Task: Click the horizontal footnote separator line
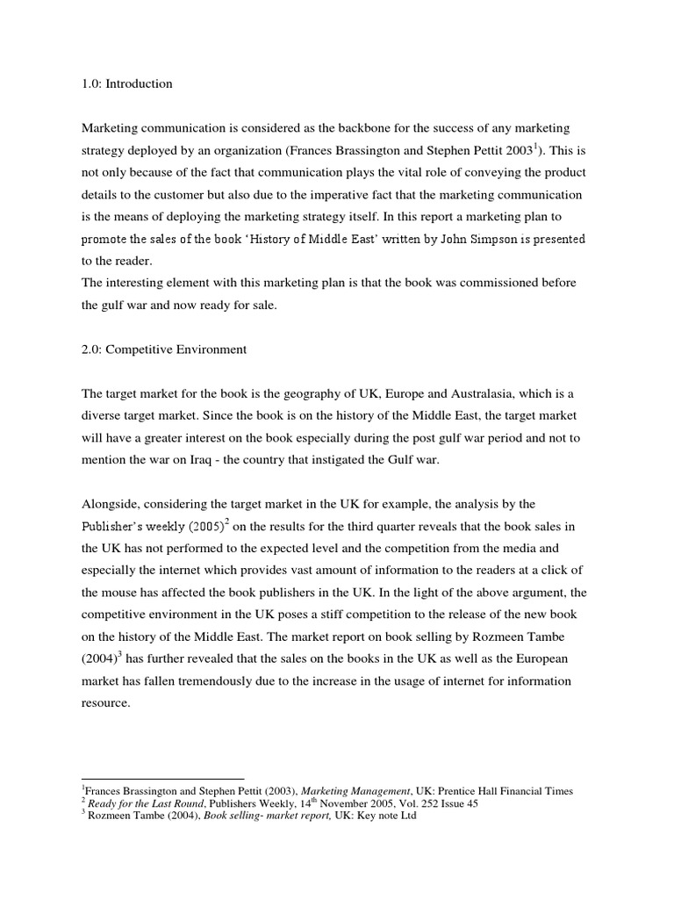pos(162,779)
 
